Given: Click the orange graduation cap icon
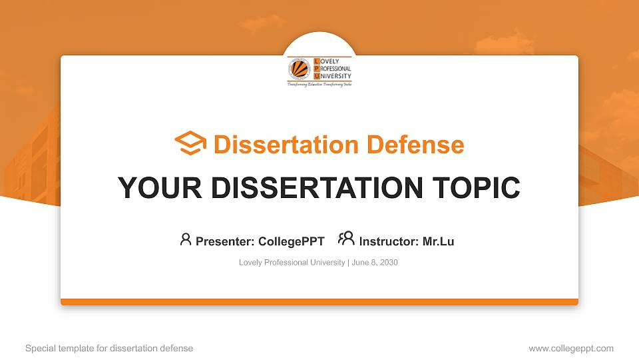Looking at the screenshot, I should [190, 143].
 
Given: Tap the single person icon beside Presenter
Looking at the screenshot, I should [186, 239].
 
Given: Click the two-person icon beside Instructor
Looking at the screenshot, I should [346, 239].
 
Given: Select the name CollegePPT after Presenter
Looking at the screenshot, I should [292, 241].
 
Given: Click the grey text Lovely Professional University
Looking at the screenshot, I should [292, 263].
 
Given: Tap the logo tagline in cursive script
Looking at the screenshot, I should [319, 85].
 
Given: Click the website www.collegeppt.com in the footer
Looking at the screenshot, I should [570, 348].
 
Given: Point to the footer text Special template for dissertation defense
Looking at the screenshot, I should [108, 348].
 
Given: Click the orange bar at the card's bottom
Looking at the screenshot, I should [319, 302].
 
